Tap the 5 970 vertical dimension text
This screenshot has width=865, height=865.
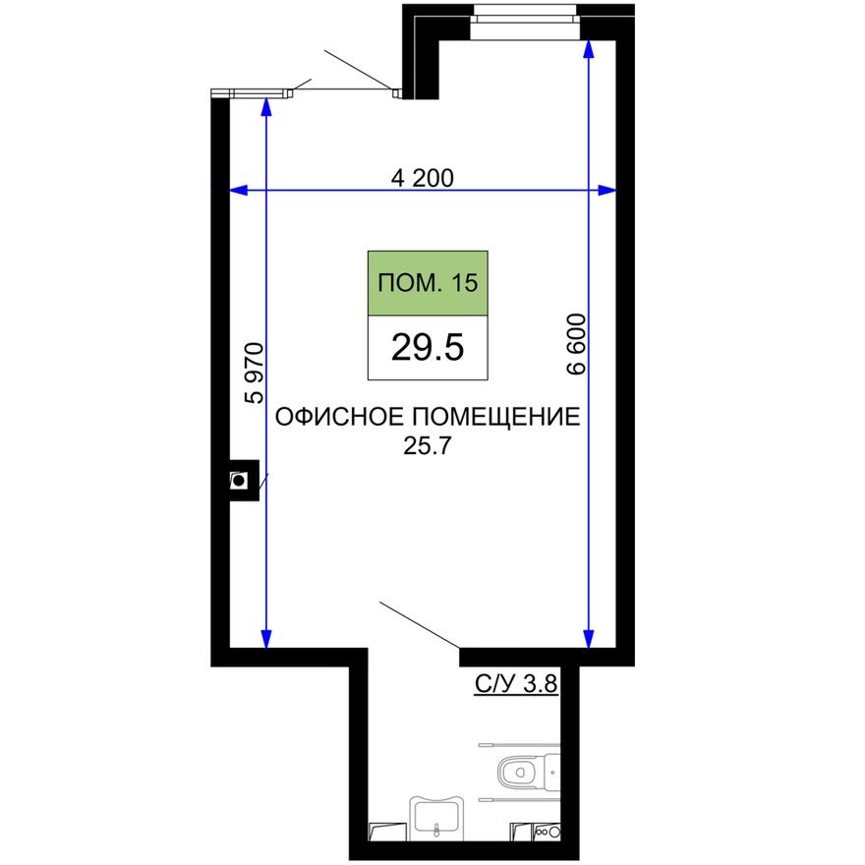click(256, 374)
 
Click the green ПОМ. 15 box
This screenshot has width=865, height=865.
click(428, 283)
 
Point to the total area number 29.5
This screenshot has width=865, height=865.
click(428, 348)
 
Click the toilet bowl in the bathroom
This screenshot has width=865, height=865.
click(519, 774)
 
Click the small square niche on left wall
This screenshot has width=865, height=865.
click(239, 481)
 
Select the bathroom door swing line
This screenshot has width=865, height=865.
click(419, 625)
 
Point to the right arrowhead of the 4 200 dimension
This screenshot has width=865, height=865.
click(610, 190)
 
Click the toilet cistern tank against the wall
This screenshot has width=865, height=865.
click(551, 774)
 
